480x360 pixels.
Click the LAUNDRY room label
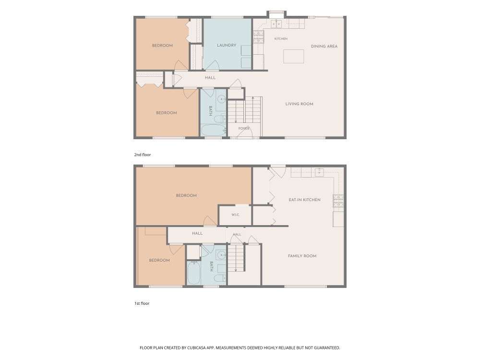pyautogui.click(x=227, y=45)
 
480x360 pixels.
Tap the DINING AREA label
pyautogui.click(x=324, y=47)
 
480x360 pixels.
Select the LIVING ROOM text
pyautogui.click(x=300, y=104)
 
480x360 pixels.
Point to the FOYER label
pyautogui.click(x=244, y=129)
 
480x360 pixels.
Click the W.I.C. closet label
pyautogui.click(x=235, y=215)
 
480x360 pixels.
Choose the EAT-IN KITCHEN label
pyautogui.click(x=305, y=200)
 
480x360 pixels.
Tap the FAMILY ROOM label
pyautogui.click(x=302, y=256)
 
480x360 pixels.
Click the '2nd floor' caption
pyautogui.click(x=143, y=155)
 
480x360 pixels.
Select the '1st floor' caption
pyautogui.click(x=142, y=303)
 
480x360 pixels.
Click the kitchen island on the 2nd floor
pyautogui.click(x=294, y=57)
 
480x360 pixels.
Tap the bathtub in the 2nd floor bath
pyautogui.click(x=214, y=130)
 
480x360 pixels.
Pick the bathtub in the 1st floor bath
pyautogui.click(x=194, y=273)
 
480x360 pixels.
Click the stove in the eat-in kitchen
pyautogui.click(x=338, y=201)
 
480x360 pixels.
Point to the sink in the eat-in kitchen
pyautogui.click(x=319, y=173)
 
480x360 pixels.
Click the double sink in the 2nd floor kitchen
pyautogui.click(x=276, y=24)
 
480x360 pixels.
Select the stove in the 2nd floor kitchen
pyautogui.click(x=258, y=37)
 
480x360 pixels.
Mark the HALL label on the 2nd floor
pyautogui.click(x=210, y=78)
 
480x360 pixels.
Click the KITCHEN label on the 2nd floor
pyautogui.click(x=281, y=39)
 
